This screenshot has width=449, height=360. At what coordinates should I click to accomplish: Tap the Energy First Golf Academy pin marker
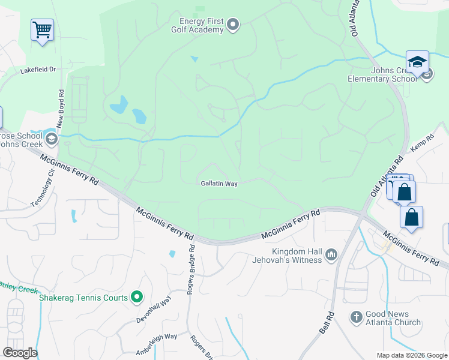pos(233,25)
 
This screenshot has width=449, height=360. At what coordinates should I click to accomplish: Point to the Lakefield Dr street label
pos(38,70)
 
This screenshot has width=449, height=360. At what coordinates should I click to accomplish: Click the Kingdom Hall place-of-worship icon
pos(331,256)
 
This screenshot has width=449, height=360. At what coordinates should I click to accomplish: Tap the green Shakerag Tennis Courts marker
pos(137,297)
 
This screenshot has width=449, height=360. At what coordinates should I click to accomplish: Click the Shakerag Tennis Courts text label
pos(83,298)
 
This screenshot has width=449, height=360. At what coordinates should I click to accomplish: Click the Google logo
pos(20,353)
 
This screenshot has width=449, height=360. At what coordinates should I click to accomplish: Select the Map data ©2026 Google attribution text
pos(411,355)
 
